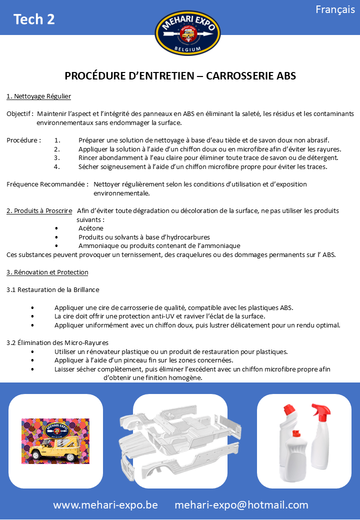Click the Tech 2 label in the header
[34, 19]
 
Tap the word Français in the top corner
[335, 10]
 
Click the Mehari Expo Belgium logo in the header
[187, 33]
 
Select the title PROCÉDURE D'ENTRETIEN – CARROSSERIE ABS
[180, 76]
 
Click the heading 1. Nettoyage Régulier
[38, 96]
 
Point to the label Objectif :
[20, 114]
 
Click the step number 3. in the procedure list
[57, 158]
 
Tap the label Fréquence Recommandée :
[48, 184]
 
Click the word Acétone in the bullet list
[91, 228]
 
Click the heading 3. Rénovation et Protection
[47, 272]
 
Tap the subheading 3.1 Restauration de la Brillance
[53, 290]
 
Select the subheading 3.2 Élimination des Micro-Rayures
[58, 342]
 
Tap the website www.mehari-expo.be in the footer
[105, 505]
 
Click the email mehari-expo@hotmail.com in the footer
[241, 505]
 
